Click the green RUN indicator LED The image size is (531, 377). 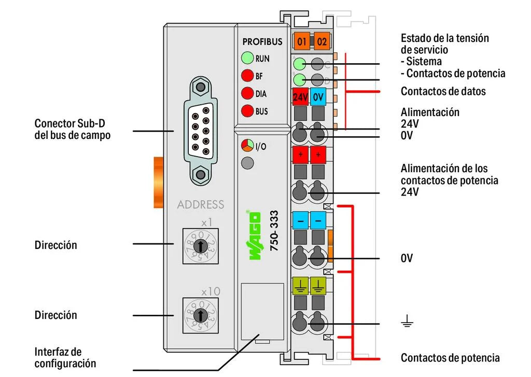(x=247, y=58)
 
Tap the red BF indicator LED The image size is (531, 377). (x=247, y=76)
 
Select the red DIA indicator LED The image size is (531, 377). (x=247, y=94)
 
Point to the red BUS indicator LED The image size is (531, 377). (x=247, y=111)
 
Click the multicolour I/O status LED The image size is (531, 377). (x=247, y=146)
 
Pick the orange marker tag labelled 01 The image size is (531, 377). (x=301, y=41)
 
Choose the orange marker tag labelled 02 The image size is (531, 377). (x=322, y=41)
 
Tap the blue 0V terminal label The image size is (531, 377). (x=318, y=97)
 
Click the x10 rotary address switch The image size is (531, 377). (x=201, y=315)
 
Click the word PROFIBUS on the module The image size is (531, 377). (x=262, y=41)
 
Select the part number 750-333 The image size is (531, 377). (x=275, y=231)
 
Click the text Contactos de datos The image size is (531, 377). (x=443, y=91)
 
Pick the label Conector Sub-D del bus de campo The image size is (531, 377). (x=73, y=129)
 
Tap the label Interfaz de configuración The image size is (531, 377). (x=65, y=358)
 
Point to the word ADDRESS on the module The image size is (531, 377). (x=201, y=204)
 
